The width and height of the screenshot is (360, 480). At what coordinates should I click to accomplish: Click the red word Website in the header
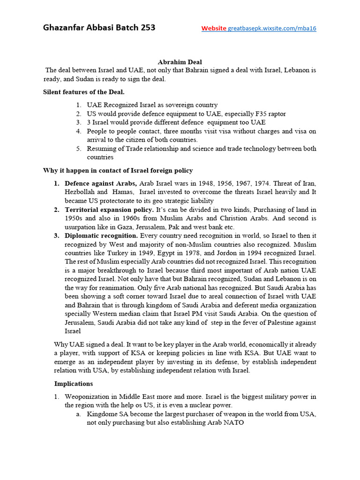(x=214, y=28)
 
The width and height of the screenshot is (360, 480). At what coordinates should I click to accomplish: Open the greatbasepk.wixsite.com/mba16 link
(x=272, y=28)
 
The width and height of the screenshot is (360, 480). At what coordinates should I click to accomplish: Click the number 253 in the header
(x=146, y=27)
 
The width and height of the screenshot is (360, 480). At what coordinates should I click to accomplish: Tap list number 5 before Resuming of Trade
(x=79, y=149)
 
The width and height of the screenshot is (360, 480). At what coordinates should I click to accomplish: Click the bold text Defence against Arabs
(x=101, y=183)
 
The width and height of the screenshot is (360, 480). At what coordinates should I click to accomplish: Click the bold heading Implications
(x=74, y=383)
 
